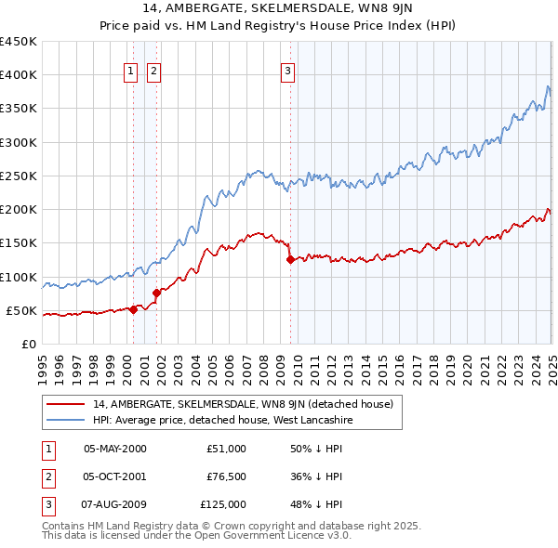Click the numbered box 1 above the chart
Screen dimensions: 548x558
[131, 70]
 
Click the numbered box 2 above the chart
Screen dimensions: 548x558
[153, 70]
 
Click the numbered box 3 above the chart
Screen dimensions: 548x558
[288, 70]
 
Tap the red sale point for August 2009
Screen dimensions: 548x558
[290, 260]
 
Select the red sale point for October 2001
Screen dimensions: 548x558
[156, 294]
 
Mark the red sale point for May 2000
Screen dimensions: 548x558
[133, 310]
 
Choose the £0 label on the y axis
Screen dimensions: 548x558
[30, 344]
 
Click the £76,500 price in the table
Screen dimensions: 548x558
[226, 476]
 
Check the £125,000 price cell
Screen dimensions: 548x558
[223, 504]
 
